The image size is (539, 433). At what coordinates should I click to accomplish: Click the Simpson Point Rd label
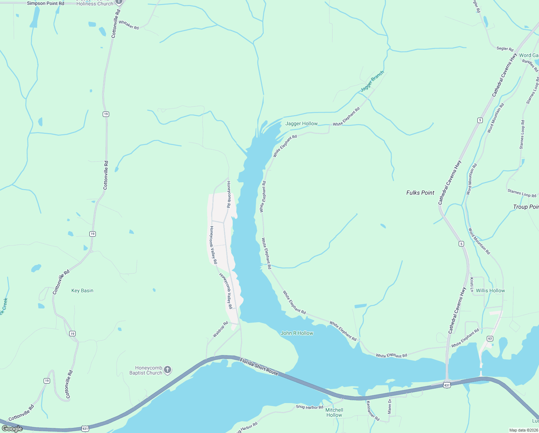coord(45,4)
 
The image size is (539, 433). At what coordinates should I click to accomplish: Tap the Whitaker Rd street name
coord(129,25)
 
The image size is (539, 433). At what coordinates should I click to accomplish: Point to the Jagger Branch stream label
coord(372,81)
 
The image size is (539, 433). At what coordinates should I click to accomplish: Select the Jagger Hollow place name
coord(301,123)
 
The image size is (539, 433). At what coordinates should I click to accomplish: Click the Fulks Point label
coord(420,193)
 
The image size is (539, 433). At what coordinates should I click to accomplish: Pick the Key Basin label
coord(82,290)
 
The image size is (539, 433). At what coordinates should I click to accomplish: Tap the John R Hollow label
coord(297,333)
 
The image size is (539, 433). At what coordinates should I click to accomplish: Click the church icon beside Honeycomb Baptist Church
coord(167,370)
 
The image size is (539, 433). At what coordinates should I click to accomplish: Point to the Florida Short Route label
coord(259,367)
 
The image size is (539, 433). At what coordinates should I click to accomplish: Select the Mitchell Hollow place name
coord(334,412)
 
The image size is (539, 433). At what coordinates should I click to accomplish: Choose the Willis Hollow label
coord(490,290)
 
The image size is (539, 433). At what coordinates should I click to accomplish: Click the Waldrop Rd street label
coord(220,329)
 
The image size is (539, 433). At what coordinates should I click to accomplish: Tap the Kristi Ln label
coord(472,285)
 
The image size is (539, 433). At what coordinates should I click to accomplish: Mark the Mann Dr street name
coord(389,406)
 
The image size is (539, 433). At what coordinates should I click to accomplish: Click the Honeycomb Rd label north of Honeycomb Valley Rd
coord(228,194)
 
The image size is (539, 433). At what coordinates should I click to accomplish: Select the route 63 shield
coord(490,338)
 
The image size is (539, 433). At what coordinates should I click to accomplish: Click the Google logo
coord(12,429)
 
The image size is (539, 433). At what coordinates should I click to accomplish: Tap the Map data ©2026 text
coord(524,430)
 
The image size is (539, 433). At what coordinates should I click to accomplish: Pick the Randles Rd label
coord(530,66)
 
